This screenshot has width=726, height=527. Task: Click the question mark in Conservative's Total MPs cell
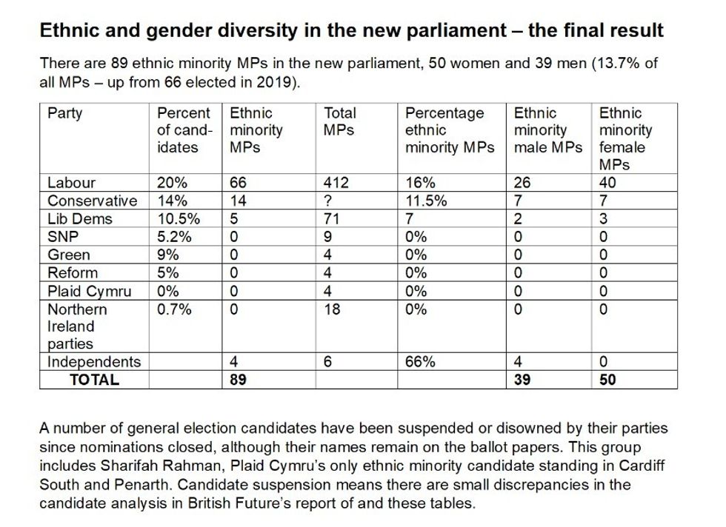329,201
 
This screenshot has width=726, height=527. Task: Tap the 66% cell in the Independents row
420,362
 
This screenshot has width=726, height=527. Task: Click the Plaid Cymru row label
89,291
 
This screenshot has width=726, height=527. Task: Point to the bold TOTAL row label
94,380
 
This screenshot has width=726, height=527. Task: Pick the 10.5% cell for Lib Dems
178,219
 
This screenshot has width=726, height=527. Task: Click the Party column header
65,113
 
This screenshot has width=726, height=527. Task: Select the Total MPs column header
340,121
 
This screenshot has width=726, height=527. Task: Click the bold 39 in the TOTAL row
522,380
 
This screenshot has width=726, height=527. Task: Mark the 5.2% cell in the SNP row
174,237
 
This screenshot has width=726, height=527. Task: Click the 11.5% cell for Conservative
425,201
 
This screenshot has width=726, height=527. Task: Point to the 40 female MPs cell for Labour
607,183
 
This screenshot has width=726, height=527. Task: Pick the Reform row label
73,273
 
